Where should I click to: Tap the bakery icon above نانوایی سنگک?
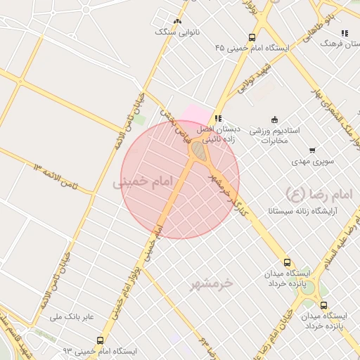(177, 20)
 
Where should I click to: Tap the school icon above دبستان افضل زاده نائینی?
(219, 117)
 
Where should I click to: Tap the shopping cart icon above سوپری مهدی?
(312, 150)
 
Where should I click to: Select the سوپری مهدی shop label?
(311, 161)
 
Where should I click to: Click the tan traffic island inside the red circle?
(201, 151)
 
